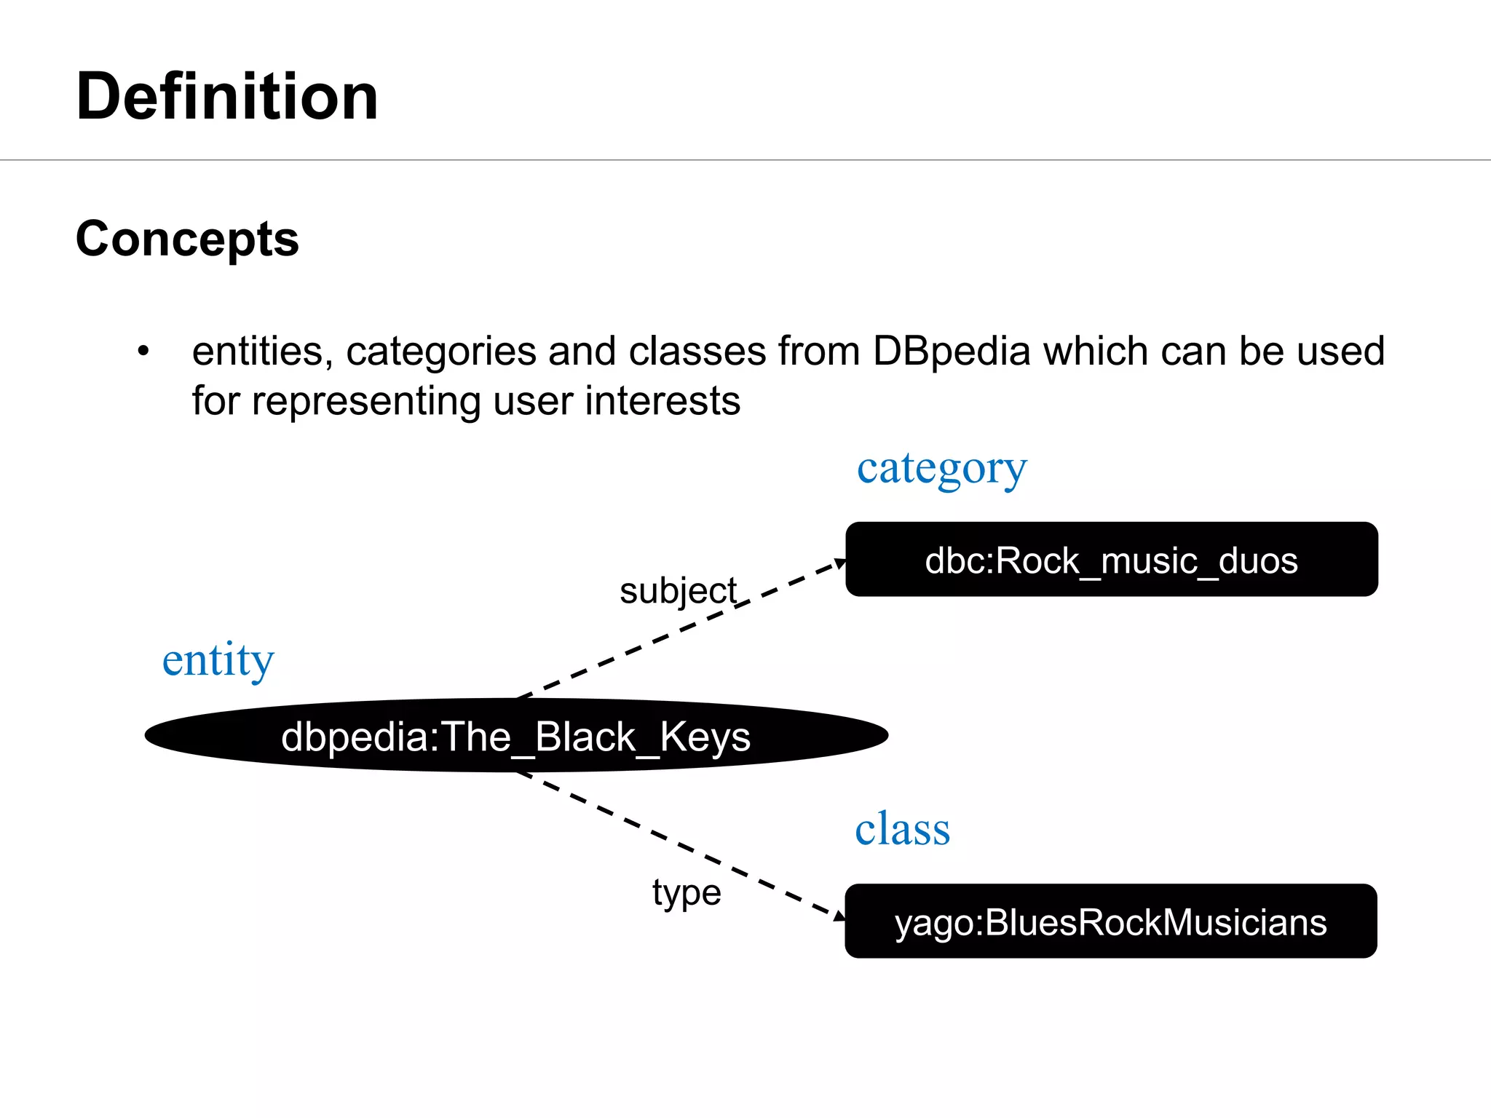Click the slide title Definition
click(227, 97)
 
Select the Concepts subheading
click(187, 239)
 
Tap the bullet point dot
click(143, 352)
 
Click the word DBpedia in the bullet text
click(952, 352)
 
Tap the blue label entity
click(218, 661)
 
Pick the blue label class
click(902, 829)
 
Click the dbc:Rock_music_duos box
click(1111, 560)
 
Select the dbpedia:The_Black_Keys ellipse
click(515, 736)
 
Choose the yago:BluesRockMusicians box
click(1110, 921)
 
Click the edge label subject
click(678, 590)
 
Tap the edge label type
click(687, 892)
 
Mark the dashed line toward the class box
click(677, 844)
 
